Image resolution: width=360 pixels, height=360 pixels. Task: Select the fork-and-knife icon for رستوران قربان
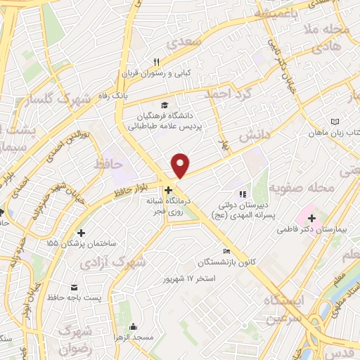click(x=157, y=63)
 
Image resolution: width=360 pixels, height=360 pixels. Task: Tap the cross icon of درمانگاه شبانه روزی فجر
click(x=168, y=190)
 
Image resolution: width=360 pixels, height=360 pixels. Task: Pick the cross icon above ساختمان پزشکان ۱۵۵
click(x=82, y=233)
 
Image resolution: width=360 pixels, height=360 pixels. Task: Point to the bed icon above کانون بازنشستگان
click(x=226, y=252)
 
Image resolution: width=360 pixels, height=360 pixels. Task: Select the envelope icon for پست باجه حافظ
click(x=74, y=287)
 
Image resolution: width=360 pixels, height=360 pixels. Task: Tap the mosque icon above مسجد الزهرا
click(x=133, y=326)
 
